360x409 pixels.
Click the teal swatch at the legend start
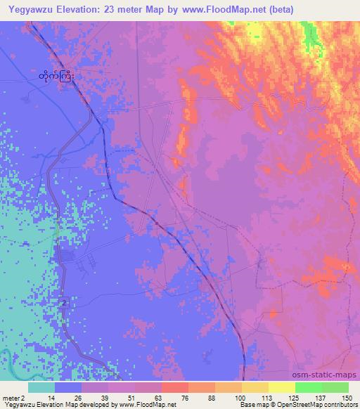coord(41,387)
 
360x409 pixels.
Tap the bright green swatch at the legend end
coord(335,387)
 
